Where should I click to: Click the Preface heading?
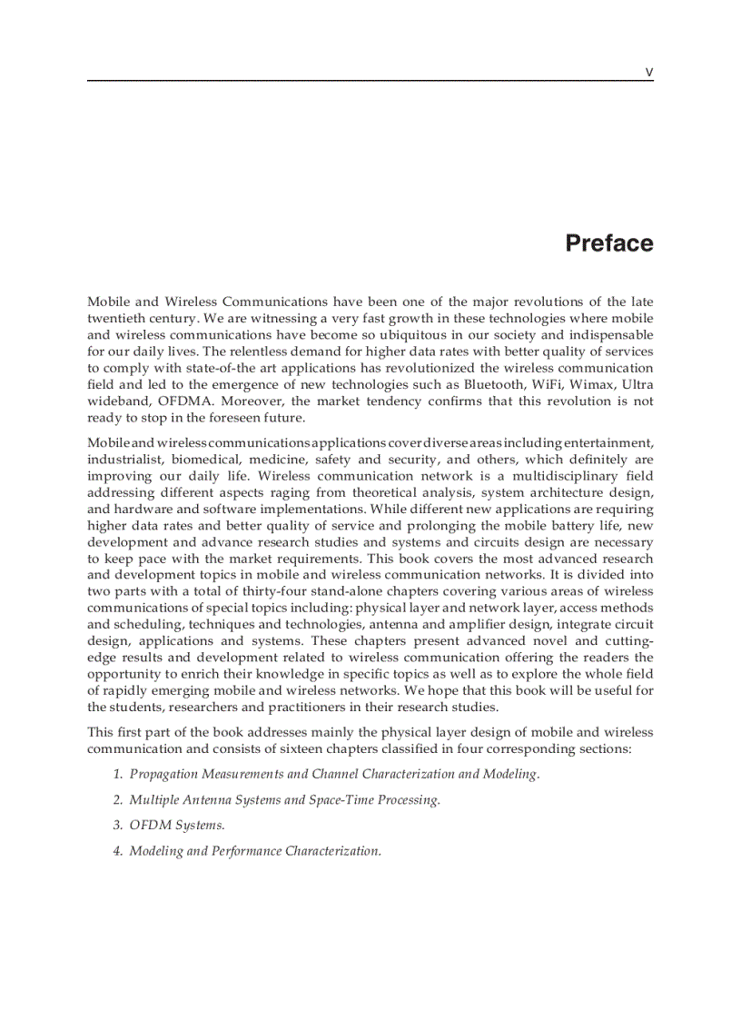[608, 243]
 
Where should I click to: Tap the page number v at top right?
[648, 72]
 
